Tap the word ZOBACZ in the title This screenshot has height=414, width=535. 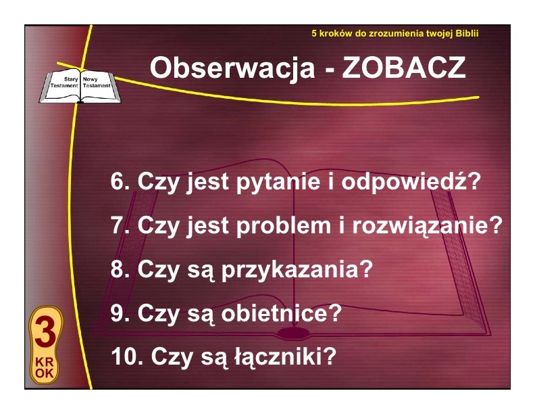pos(404,68)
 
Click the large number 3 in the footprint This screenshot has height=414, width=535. pos(45,332)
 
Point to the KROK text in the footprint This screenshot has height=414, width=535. pos(45,367)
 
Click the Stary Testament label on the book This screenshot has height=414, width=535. pos(64,83)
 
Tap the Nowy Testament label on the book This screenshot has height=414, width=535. pos(97,83)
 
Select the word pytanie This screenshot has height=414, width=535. pos(278,182)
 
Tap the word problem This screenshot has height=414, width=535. pos(284,226)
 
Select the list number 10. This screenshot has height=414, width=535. pos(127,356)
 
